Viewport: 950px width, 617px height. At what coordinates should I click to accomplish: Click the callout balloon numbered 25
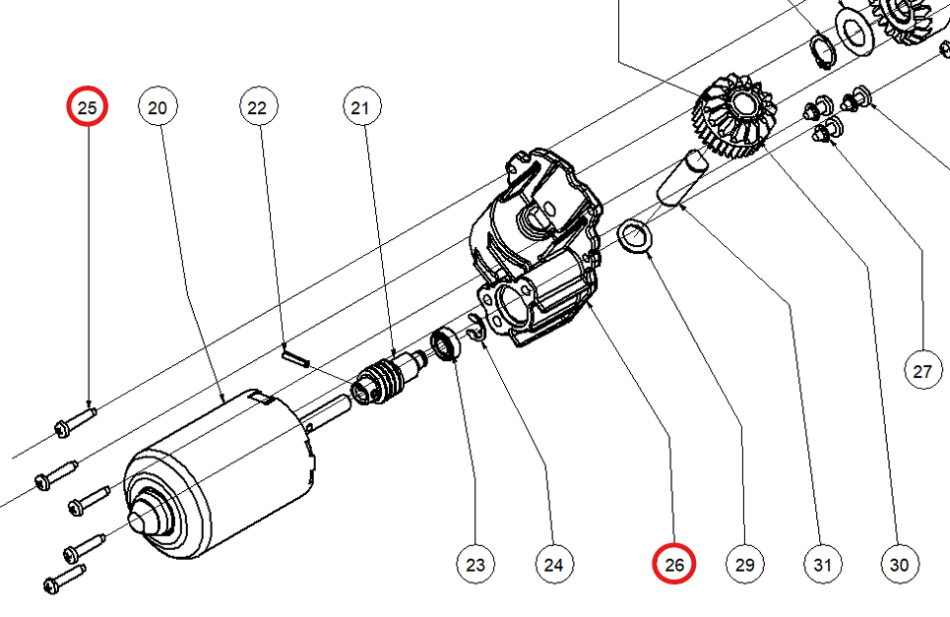(88, 106)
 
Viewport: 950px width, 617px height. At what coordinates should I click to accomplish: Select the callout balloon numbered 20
(158, 107)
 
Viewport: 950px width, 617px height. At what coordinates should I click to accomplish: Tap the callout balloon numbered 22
(258, 107)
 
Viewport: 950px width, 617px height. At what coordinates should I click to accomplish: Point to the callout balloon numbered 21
(361, 107)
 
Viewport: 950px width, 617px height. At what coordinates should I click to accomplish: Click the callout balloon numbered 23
(475, 564)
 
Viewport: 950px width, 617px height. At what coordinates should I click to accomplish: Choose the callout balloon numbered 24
(554, 564)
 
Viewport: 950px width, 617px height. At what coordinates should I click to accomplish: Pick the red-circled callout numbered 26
(673, 564)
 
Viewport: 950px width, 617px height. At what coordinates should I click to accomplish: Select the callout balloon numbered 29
(744, 564)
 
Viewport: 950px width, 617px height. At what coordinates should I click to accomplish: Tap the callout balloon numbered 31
(822, 564)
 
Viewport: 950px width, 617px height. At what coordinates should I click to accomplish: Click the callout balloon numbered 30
(900, 564)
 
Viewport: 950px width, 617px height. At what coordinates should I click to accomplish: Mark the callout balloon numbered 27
(923, 370)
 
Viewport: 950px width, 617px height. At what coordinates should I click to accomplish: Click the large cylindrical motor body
(220, 472)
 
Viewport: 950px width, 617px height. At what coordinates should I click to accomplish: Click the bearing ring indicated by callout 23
(446, 343)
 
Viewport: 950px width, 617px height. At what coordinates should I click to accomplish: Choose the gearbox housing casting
(537, 248)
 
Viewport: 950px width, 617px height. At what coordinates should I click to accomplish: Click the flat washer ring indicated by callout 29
(634, 237)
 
